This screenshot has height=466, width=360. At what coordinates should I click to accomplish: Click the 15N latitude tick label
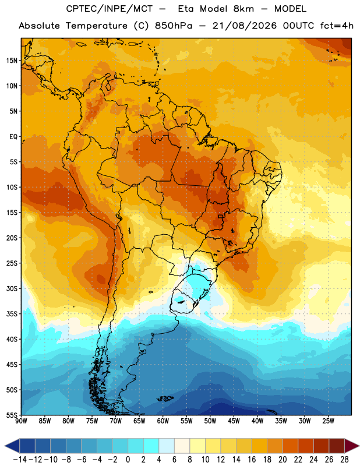point(12,61)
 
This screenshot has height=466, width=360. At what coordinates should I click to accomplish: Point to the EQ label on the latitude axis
point(13,137)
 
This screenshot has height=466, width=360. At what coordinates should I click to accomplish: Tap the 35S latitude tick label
point(12,314)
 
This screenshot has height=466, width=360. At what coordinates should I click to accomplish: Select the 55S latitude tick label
point(12,415)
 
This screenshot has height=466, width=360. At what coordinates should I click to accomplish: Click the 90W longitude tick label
point(21,421)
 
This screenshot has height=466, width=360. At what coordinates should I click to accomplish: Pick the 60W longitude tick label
point(163,421)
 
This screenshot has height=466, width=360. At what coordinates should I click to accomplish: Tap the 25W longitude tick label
point(329,421)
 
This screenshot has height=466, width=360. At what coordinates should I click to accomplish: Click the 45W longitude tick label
point(234,421)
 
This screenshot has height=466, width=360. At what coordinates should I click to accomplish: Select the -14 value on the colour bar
point(20,460)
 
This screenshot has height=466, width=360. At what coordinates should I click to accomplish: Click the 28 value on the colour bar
point(344,460)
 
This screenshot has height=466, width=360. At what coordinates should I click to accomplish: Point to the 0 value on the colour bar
point(128,460)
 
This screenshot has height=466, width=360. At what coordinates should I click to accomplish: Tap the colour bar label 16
point(252,460)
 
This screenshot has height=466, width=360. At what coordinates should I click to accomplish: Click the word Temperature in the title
point(97,26)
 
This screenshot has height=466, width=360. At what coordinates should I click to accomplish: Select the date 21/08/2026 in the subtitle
point(245,26)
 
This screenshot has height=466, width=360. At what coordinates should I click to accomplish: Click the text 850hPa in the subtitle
point(174,26)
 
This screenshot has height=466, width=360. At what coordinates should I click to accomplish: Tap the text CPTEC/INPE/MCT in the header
point(110,9)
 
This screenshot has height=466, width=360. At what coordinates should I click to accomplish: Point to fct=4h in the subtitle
point(337,26)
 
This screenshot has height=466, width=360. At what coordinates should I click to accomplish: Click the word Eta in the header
point(186,9)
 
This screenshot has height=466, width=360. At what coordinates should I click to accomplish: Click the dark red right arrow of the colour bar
point(352,446)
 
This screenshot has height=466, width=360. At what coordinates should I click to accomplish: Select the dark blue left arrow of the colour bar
point(12,446)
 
